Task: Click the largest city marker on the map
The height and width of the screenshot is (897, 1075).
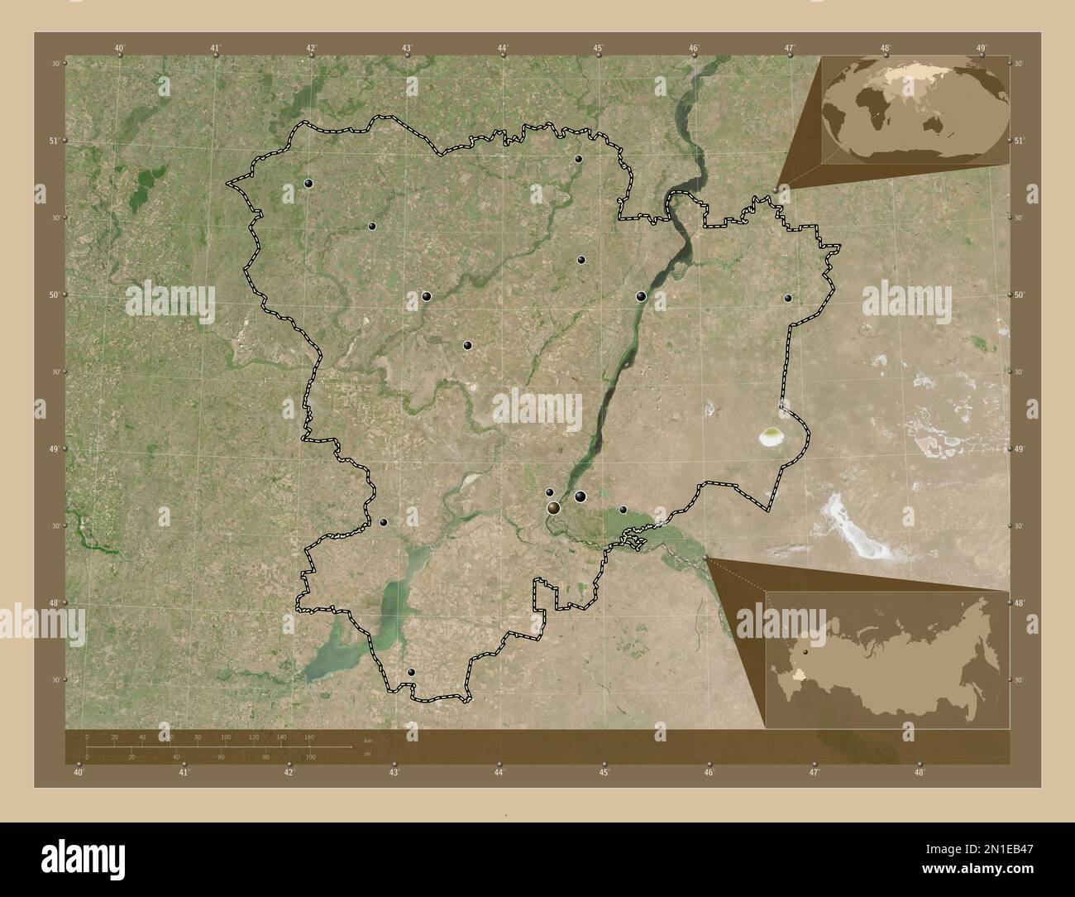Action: point(553,508)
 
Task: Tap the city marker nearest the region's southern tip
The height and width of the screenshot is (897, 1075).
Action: point(411,673)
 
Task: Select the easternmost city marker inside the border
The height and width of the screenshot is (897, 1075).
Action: point(788,298)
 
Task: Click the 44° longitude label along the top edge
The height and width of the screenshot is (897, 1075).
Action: point(503,48)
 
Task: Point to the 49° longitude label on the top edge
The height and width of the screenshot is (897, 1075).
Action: point(981,48)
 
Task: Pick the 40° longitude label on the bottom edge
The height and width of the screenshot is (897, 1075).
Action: point(79,772)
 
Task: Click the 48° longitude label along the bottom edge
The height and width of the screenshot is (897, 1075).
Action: point(919,772)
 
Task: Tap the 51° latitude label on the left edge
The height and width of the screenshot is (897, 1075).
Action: point(54,141)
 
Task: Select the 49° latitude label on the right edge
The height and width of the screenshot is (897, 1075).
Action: point(1020,448)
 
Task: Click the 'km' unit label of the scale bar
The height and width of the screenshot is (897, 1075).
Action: point(369,739)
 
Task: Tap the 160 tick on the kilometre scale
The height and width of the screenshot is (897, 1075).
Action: point(309,736)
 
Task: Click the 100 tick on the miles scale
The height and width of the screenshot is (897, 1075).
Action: point(310,756)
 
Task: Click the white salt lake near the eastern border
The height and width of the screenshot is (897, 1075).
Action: point(772,436)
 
